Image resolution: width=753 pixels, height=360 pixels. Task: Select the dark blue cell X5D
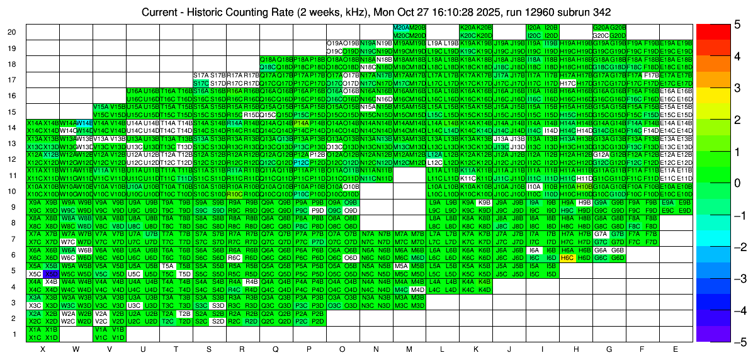pyautogui.click(x=51, y=274)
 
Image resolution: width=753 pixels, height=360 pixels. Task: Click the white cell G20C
pyautogui.click(x=601, y=36)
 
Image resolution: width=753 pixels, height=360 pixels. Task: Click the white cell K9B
pyautogui.click(x=484, y=203)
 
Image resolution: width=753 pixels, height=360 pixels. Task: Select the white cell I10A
pyautogui.click(x=533, y=187)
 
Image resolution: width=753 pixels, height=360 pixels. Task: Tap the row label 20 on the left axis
pyautogui.click(x=11, y=32)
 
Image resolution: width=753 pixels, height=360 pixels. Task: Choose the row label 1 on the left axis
pyautogui.click(x=14, y=334)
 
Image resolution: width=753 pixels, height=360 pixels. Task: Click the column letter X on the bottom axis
pyautogui.click(x=43, y=349)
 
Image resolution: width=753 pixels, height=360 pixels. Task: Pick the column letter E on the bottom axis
pyautogui.click(x=676, y=349)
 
